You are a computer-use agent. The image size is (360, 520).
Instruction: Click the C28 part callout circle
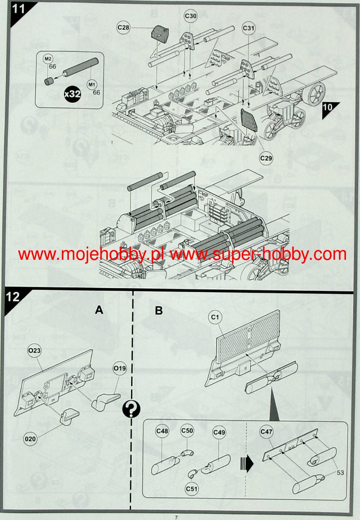(123, 27)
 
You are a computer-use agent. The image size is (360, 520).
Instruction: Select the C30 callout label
(190, 16)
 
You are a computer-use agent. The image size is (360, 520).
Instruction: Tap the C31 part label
(248, 28)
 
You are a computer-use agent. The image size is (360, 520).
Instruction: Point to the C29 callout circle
(266, 158)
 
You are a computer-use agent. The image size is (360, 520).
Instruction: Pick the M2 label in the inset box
(48, 59)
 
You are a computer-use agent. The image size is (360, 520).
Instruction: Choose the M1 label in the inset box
(92, 85)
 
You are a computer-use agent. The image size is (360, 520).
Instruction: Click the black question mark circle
(131, 410)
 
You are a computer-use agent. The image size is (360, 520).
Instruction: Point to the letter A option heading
(99, 310)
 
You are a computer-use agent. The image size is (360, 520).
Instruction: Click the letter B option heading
(159, 310)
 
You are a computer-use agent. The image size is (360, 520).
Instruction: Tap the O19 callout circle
(120, 368)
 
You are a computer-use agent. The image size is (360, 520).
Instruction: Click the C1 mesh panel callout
(215, 317)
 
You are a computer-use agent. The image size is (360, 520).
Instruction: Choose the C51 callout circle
(192, 489)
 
